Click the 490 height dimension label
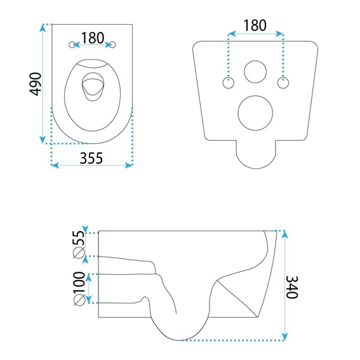[36, 83]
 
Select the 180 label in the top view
[93, 37]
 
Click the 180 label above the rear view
[255, 25]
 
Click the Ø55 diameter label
[79, 244]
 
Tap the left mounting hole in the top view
[72, 44]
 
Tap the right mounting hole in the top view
[114, 44]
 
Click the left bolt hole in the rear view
[228, 82]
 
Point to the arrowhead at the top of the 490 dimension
[43, 27]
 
